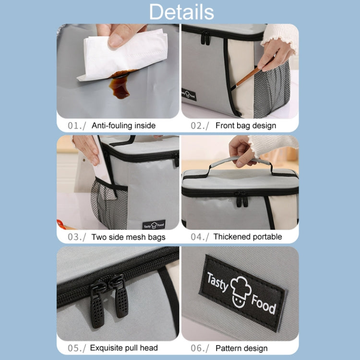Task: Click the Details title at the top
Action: coord(181,12)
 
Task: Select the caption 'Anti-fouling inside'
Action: coord(123,126)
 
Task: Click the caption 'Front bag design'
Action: coord(246,126)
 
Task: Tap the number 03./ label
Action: coord(77,237)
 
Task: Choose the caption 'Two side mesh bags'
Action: coord(128,237)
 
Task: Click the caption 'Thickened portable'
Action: coord(248,237)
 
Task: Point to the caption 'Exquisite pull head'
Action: coord(124,348)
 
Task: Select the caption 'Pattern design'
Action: coord(241,348)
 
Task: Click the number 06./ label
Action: coord(200,348)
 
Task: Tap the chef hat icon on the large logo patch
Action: coord(240,291)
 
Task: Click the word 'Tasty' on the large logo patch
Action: coord(217,282)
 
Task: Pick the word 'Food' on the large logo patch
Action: coord(264,304)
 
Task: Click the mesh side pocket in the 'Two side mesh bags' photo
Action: coord(108,204)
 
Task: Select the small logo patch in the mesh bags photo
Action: coord(154,225)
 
